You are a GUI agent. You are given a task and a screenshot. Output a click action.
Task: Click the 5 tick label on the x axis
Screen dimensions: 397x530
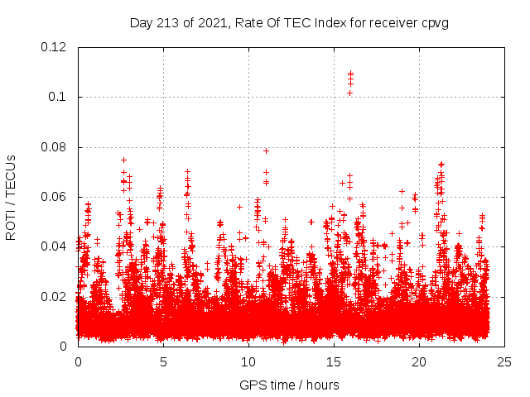(x=163, y=361)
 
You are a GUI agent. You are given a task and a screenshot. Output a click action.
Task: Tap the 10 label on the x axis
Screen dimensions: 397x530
(x=248, y=361)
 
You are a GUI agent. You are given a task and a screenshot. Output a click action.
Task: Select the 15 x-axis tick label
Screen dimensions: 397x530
(x=334, y=361)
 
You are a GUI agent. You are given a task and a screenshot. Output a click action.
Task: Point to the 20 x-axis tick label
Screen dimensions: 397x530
(x=419, y=361)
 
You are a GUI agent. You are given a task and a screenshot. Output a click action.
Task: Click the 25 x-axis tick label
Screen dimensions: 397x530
(x=504, y=361)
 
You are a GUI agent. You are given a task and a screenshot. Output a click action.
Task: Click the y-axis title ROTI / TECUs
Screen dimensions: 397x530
(x=11, y=197)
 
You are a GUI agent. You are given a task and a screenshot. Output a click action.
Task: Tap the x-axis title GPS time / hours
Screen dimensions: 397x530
(x=289, y=385)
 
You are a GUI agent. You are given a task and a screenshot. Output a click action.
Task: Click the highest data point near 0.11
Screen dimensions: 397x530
(x=350, y=74)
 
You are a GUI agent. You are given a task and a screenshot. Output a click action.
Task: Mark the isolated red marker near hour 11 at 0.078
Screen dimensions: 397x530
(x=266, y=151)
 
